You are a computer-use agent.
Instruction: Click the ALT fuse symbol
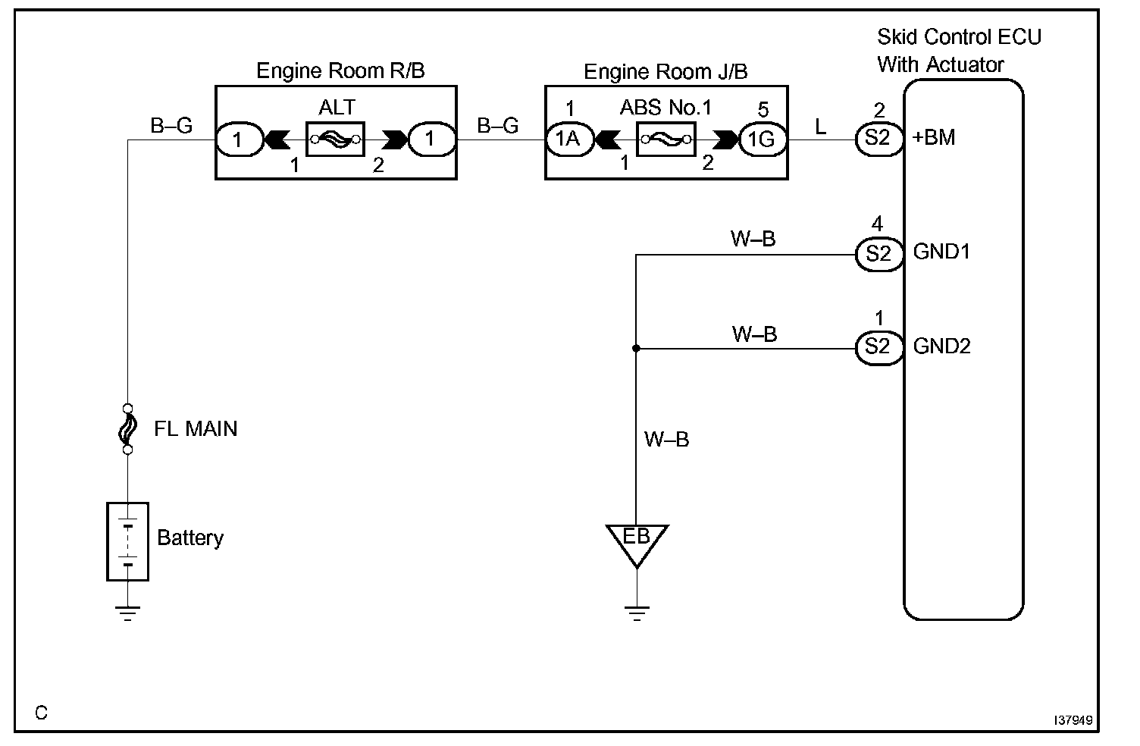335,140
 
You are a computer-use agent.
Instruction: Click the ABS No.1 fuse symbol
666,139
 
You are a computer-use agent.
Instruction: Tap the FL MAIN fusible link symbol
127,429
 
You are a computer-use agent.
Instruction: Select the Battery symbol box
127,541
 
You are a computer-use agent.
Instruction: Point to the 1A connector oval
568,139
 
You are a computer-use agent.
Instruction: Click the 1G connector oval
763,139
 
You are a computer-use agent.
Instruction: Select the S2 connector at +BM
878,139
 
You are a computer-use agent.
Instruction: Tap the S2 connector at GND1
878,254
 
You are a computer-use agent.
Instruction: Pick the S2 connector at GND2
878,347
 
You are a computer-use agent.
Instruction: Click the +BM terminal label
935,138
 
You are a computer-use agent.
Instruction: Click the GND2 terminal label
941,346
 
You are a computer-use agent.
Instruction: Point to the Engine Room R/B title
340,71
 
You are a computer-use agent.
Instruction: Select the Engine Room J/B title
666,72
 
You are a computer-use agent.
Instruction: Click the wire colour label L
821,127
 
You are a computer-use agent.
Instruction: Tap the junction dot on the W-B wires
636,349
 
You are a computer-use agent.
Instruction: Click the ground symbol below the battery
127,613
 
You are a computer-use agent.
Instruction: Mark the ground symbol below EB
637,613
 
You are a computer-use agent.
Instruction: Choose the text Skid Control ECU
959,37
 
